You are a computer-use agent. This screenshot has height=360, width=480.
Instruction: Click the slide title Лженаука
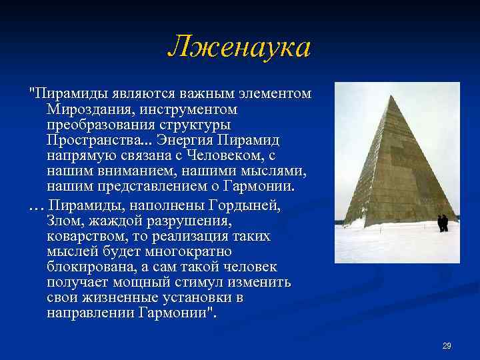[239, 47]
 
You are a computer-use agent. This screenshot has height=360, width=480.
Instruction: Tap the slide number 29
[447, 345]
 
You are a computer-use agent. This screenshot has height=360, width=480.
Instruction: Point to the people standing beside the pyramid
[443, 223]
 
